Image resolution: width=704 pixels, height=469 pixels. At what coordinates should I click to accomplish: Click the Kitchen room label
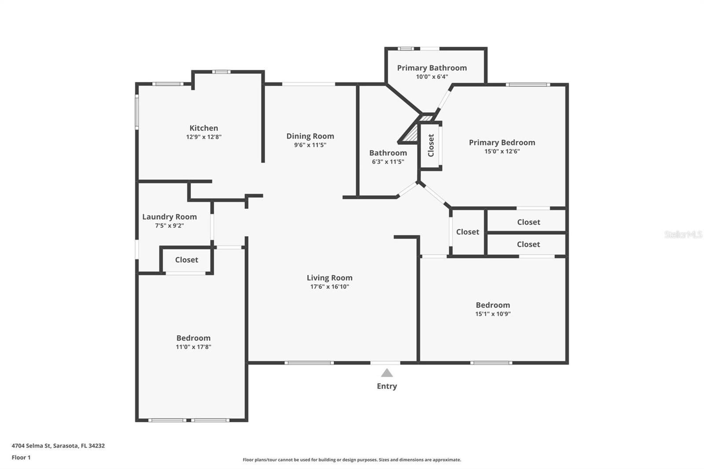point(203,128)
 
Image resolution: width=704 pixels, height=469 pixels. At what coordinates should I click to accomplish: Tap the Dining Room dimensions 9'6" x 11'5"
point(310,145)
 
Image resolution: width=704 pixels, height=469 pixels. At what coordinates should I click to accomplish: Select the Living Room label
point(329,278)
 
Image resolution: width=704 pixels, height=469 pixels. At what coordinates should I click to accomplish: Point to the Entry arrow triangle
point(387,374)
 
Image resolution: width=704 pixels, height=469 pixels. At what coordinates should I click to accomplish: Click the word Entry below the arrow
point(387,386)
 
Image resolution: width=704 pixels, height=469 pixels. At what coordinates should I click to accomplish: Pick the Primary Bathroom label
point(432,68)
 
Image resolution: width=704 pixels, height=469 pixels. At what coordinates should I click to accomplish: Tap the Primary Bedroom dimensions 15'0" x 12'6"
point(502,151)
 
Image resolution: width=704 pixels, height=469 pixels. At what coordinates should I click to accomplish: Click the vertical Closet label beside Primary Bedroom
point(431,145)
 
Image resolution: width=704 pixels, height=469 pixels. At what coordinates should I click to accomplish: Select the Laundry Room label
point(169,216)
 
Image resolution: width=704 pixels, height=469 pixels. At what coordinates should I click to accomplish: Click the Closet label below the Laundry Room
point(187,260)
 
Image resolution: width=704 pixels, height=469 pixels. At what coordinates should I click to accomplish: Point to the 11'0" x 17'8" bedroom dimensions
point(193,347)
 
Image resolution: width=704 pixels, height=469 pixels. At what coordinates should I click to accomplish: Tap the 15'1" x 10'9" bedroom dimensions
point(493,314)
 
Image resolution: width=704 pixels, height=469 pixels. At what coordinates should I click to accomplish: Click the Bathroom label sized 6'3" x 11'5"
point(388,153)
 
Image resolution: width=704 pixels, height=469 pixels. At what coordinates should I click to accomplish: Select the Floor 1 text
point(21,458)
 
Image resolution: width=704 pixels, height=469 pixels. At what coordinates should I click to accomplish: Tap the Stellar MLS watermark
point(683,234)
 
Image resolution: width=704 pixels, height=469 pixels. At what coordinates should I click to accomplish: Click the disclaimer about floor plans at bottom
point(352,460)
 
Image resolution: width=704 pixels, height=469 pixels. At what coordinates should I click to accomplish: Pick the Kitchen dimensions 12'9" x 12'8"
point(203,137)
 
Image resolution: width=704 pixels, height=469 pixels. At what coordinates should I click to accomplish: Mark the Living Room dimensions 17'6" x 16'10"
point(329,287)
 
